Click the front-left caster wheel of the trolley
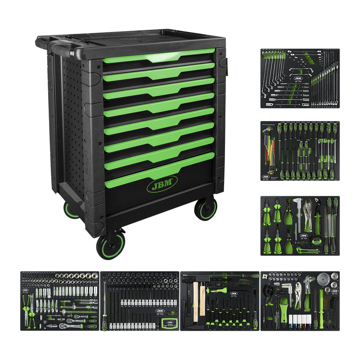coord(110,246)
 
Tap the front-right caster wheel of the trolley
coord(206,210)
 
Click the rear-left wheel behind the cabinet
coord(71,211)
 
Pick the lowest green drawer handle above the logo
coord(159,171)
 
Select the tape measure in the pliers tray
coord(315,241)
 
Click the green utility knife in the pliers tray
coord(306,250)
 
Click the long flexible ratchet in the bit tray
coord(105,301)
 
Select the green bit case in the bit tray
coord(170,322)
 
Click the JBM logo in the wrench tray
coord(297,78)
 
